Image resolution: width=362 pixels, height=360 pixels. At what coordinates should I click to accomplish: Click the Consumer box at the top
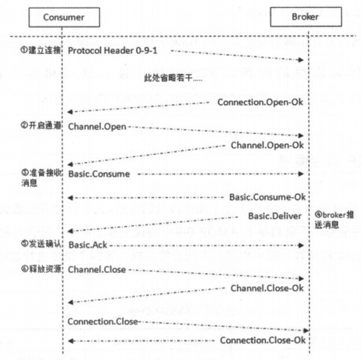[64, 17]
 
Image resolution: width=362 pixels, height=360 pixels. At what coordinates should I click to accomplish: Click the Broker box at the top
[306, 17]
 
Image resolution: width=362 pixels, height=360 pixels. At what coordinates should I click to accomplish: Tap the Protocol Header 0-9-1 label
[113, 51]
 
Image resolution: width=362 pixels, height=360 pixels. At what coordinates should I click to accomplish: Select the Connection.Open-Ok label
[260, 103]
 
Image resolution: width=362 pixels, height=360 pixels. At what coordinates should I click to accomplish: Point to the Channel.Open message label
[97, 127]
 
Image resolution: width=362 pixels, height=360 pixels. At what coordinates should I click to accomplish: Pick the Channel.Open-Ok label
[267, 146]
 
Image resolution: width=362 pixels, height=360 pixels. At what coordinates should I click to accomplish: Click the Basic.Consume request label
[99, 174]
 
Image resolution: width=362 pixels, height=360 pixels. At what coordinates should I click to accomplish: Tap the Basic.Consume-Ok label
[267, 197]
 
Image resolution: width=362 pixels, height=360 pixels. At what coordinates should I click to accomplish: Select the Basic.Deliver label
[274, 216]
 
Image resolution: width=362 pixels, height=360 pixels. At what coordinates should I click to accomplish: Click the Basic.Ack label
[88, 245]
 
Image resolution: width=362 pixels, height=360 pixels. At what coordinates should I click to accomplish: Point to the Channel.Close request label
[97, 269]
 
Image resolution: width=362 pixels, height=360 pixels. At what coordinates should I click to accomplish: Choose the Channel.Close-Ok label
[267, 288]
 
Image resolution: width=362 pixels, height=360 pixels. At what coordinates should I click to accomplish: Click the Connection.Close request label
[102, 322]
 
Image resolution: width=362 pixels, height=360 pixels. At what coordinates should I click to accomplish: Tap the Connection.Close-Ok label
[263, 340]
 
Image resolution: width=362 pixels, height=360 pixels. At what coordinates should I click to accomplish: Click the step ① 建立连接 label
[41, 50]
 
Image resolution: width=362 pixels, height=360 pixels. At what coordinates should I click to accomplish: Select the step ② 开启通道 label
[41, 125]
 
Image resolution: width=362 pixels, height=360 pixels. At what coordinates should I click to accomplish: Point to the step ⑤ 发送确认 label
[41, 244]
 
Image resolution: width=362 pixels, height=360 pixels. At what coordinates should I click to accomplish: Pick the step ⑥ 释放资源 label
[41, 268]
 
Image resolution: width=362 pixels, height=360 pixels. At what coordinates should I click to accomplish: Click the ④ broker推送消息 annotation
[334, 220]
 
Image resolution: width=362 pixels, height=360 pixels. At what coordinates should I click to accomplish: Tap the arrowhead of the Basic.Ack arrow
[301, 245]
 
